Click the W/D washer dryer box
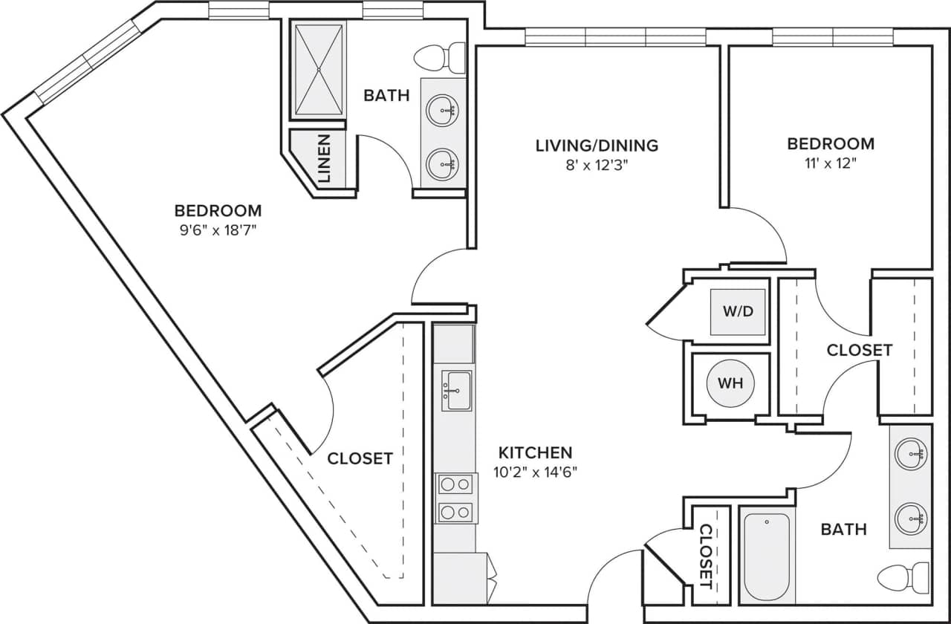(x=738, y=311)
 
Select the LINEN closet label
(x=325, y=159)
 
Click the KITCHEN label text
(x=535, y=452)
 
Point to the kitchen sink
(x=456, y=390)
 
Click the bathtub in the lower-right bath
(x=766, y=555)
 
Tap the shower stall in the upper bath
(x=319, y=70)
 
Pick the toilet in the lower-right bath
(x=904, y=576)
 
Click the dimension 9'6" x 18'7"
(x=218, y=230)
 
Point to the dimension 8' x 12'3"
(x=597, y=165)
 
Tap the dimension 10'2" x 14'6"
(x=535, y=471)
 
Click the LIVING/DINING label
(x=597, y=145)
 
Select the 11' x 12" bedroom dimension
(x=831, y=163)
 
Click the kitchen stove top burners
(x=455, y=498)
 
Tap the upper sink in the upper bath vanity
(x=443, y=111)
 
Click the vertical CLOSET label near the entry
(x=706, y=553)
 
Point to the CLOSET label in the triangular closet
(x=360, y=458)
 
